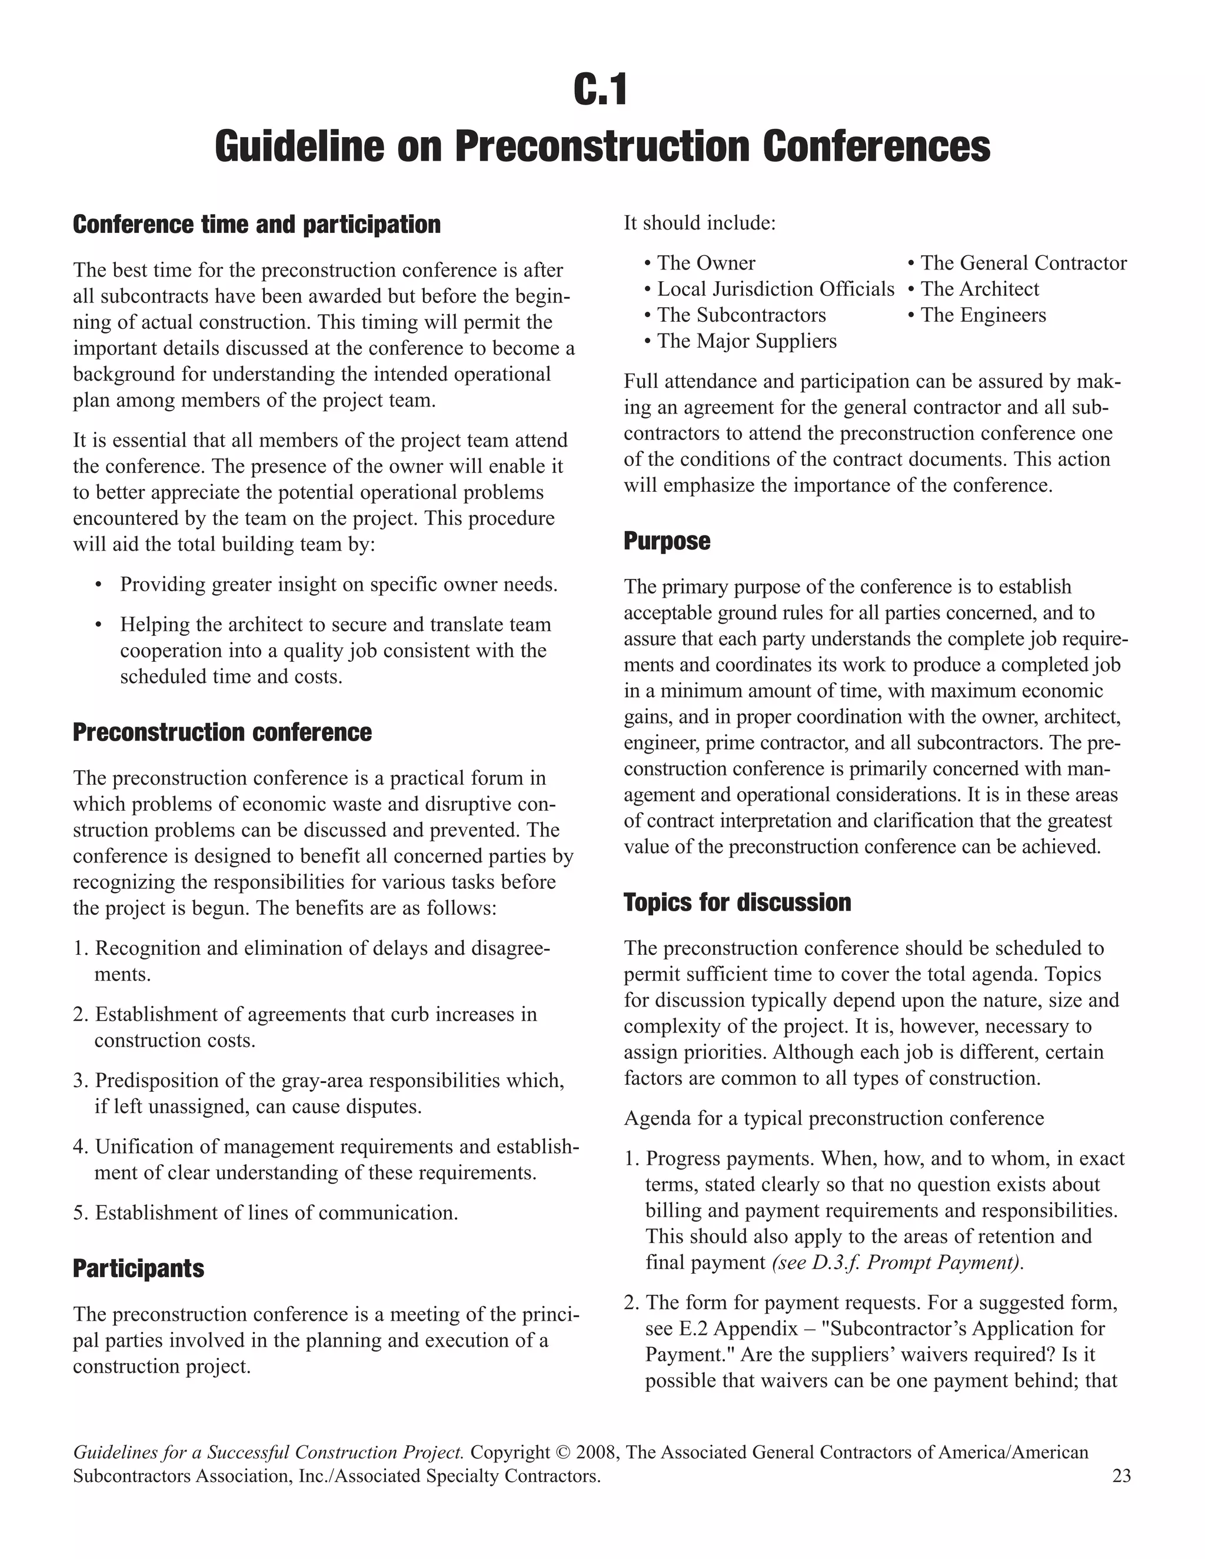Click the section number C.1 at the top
[x=601, y=91]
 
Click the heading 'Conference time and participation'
[x=257, y=225]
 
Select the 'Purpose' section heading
[x=667, y=541]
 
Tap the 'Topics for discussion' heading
[x=737, y=902]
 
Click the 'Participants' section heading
[x=138, y=1268]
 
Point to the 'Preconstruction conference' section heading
[x=222, y=732]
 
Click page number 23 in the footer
[x=1121, y=1476]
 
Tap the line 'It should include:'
[x=699, y=224]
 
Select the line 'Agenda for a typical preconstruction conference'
[x=833, y=1118]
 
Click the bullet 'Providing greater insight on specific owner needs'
[x=338, y=585]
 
